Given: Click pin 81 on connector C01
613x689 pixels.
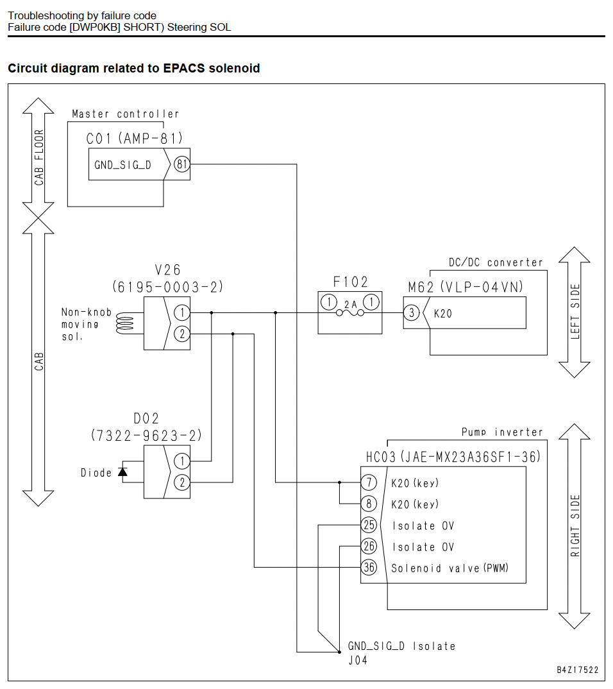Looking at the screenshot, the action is point(182,164).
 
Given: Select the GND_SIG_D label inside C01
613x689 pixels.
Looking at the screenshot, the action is point(122,165).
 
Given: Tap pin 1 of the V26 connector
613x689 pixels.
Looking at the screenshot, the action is point(182,313).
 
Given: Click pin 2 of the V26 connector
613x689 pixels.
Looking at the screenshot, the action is point(182,334).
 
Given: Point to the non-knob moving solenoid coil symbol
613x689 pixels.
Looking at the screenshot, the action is point(124,324).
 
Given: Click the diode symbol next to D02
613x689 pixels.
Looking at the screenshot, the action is point(122,472).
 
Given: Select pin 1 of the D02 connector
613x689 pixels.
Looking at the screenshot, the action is point(182,461).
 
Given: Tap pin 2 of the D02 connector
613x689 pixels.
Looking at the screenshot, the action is point(182,482).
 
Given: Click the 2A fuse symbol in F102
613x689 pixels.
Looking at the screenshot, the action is point(350,312).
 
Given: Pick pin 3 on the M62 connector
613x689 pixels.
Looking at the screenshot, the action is point(412,313).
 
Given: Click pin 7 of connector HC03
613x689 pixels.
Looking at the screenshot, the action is point(369,482).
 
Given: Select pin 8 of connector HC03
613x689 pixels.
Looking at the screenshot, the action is point(369,504).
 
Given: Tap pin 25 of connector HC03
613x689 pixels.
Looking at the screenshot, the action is point(369,525).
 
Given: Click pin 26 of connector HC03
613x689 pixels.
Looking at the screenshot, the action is point(369,546).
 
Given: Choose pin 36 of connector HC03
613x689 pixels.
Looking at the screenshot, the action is point(369,567).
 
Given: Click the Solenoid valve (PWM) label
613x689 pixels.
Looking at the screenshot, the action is point(449,568).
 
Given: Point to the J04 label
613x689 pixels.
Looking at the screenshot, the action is point(358,660).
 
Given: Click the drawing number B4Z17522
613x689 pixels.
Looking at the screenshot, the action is point(578,670).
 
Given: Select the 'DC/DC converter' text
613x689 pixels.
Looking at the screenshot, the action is point(495,263).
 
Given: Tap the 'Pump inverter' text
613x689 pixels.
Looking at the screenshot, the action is point(502,432).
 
